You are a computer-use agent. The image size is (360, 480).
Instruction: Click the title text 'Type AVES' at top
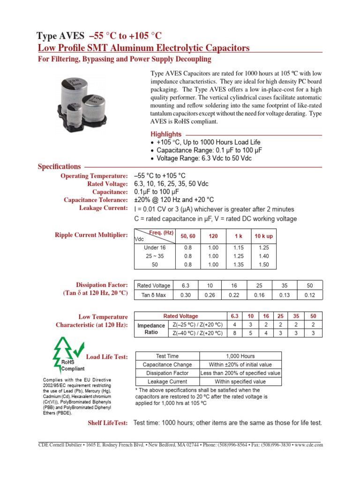pos(60,36)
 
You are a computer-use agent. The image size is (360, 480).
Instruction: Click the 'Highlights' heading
pos(165,134)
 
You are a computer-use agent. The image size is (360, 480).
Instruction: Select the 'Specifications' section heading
pos(59,166)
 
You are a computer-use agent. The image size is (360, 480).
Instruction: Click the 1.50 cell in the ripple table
pos(263,264)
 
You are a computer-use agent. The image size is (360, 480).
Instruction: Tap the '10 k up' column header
pos(263,236)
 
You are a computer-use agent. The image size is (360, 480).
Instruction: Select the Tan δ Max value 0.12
pos(309,295)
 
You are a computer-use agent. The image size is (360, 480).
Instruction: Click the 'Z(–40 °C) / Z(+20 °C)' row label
pos(197,333)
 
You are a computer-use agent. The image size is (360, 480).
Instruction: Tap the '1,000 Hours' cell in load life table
pos(241,356)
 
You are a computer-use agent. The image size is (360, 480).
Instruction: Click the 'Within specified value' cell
pos(240,382)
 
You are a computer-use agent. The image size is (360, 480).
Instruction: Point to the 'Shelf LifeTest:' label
pos(108,423)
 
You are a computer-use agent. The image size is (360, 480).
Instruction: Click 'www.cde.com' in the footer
pos(309,445)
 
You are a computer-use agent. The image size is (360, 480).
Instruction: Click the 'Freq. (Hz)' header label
pos(162,233)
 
